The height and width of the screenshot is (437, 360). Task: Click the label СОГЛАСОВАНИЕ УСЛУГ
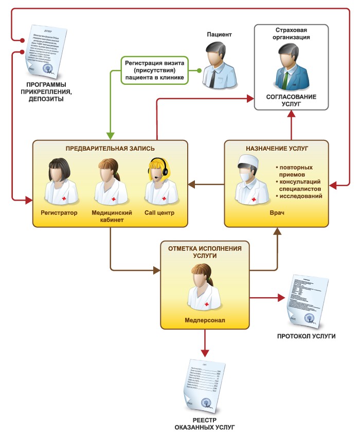tap(291, 100)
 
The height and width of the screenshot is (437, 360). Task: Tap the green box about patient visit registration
tap(154, 69)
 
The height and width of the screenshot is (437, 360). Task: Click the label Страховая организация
tap(291, 33)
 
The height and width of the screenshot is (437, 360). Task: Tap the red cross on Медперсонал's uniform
tap(207, 305)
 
